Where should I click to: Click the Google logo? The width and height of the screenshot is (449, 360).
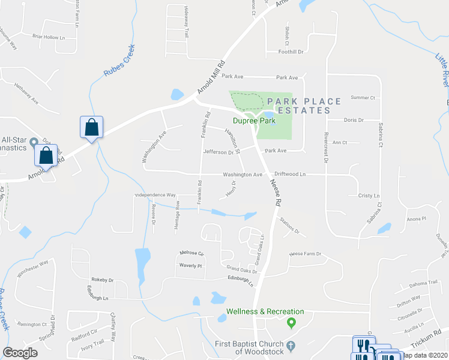pyautogui.click(x=20, y=353)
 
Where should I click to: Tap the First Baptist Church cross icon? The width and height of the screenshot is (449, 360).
pyautogui.click(x=291, y=346)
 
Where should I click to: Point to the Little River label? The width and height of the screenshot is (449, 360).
pyautogui.click(x=442, y=69)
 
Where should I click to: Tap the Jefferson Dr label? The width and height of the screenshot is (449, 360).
pyautogui.click(x=218, y=152)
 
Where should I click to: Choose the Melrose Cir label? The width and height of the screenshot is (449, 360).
pyautogui.click(x=191, y=253)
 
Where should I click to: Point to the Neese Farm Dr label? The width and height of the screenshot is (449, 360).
pyautogui.click(x=306, y=254)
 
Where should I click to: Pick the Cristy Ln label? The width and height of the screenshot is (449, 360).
pyautogui.click(x=369, y=196)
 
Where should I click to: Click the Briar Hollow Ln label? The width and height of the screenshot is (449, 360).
pyautogui.click(x=49, y=37)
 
